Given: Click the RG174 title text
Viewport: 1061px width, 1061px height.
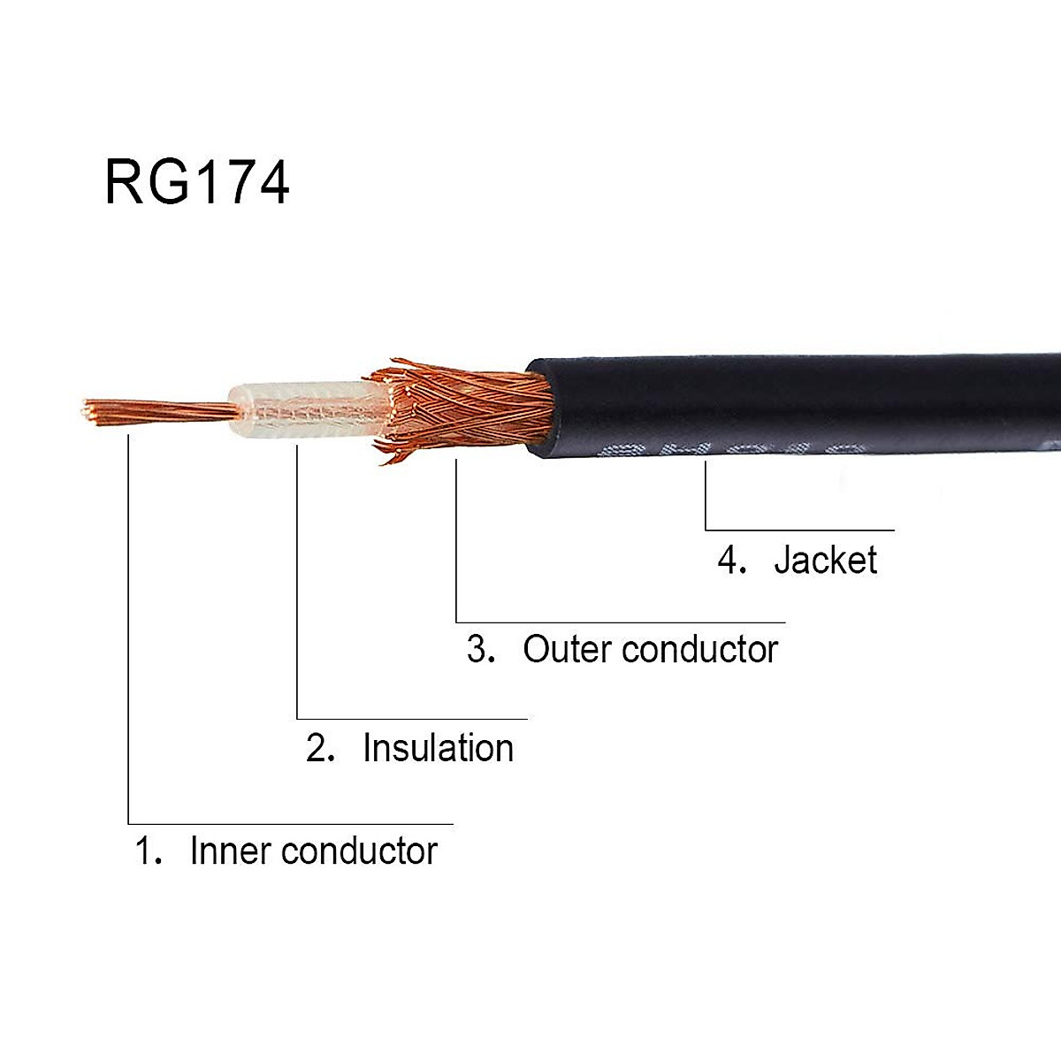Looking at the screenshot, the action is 196,183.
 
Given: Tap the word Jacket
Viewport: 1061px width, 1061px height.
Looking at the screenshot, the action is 825,561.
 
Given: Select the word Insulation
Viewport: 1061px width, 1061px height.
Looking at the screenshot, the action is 438,749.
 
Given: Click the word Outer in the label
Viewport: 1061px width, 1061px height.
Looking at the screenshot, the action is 567,650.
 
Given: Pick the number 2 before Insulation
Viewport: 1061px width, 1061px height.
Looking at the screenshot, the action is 318,749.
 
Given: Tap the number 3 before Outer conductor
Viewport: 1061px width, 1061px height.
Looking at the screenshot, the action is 479,650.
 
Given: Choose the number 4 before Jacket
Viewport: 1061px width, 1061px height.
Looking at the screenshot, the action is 731,561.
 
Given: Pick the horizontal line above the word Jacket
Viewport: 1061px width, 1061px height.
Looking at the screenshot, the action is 800,530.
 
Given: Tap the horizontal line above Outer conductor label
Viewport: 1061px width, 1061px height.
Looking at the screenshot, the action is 619,622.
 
